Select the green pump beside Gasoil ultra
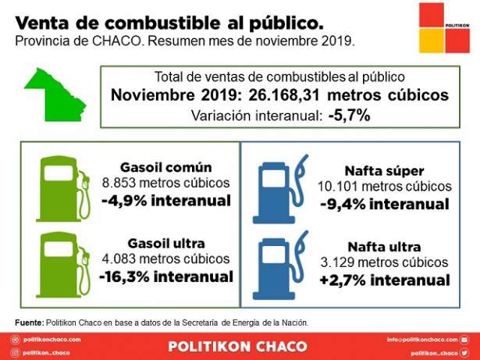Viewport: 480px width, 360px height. pyautogui.click(x=58, y=262)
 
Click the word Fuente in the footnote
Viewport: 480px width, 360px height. pyautogui.click(x=28, y=323)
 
